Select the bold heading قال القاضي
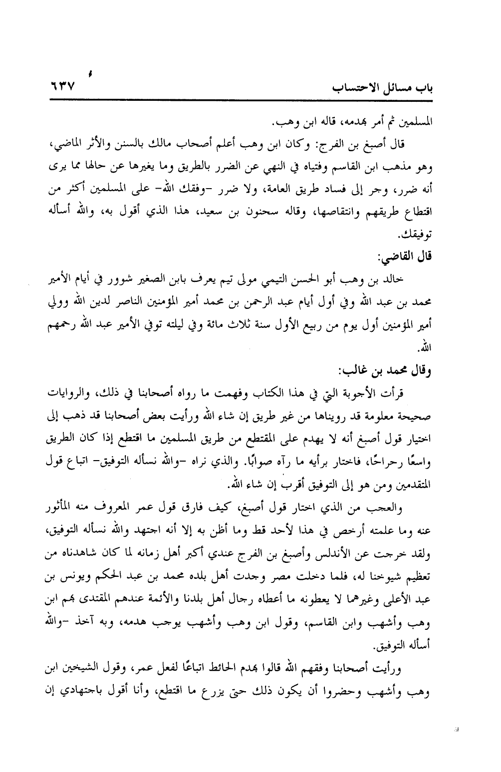pos(405,258)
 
